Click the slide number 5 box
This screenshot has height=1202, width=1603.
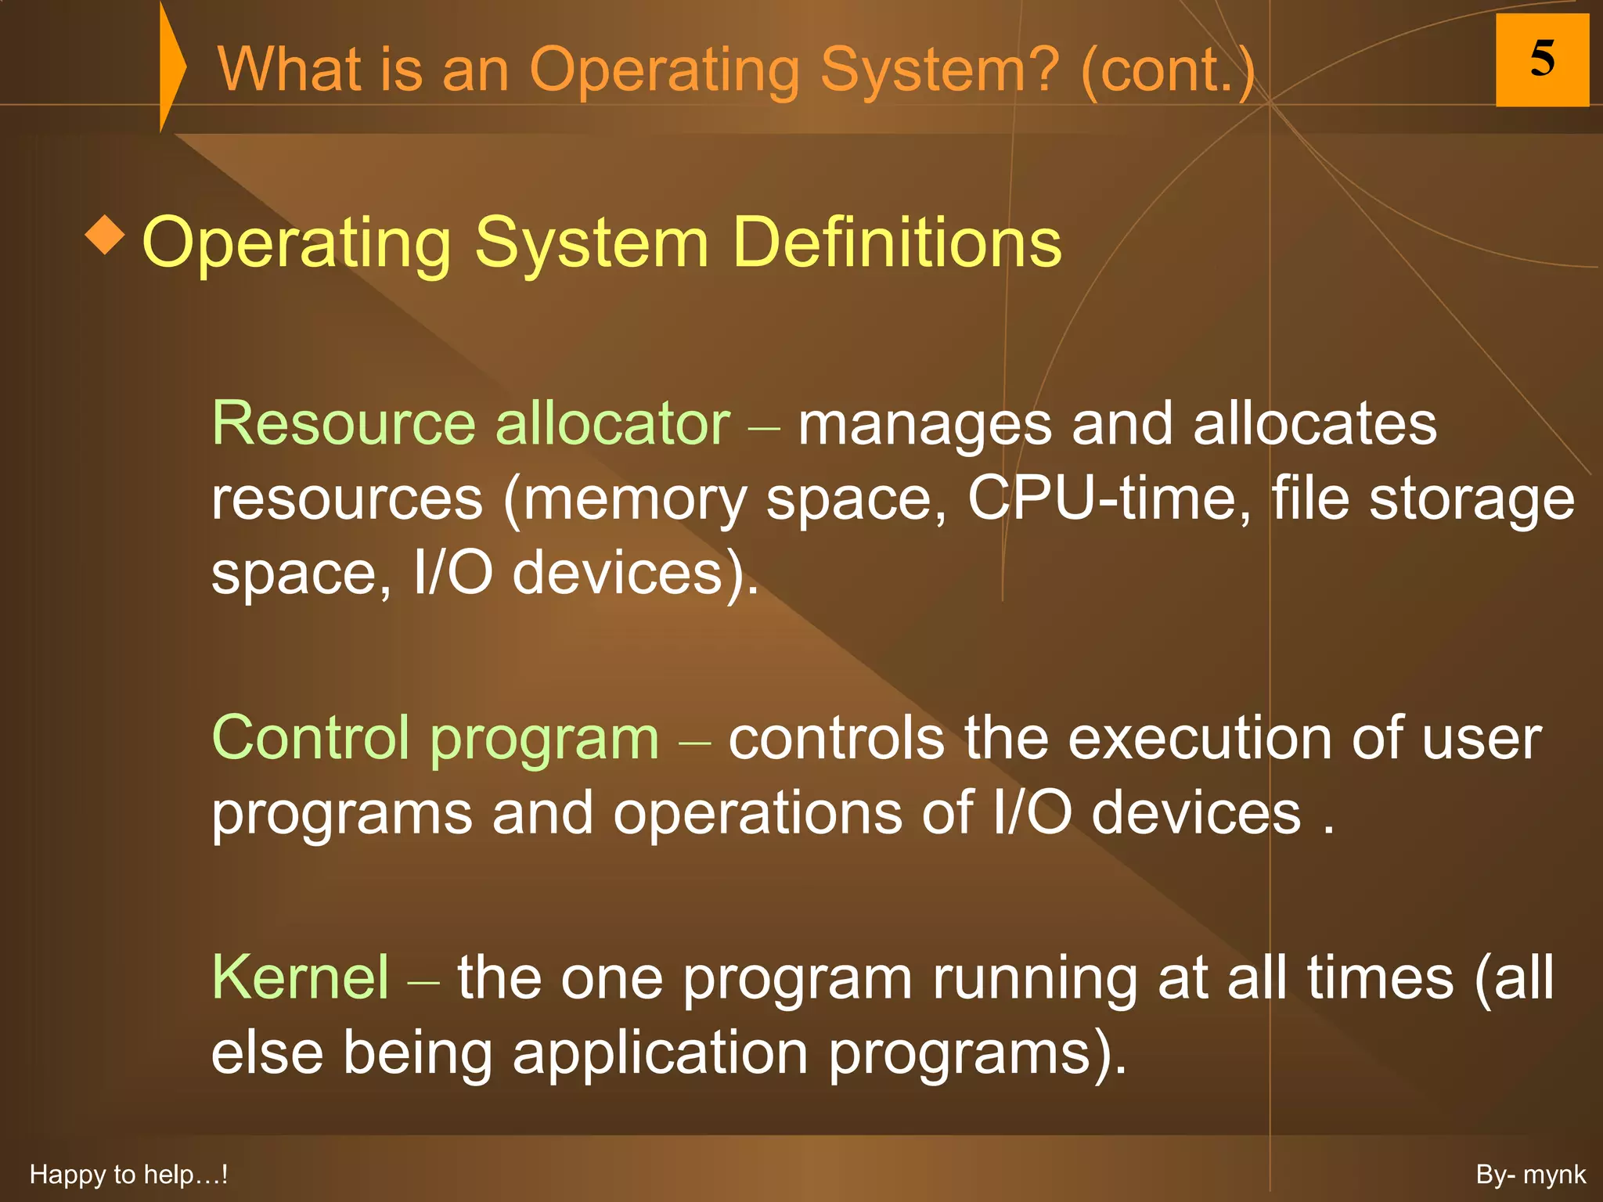coord(1541,60)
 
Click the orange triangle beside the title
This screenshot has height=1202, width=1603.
coord(171,67)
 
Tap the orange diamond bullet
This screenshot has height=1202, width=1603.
coord(105,236)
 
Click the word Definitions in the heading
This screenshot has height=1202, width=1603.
coord(897,243)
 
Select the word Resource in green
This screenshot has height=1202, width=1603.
coord(344,423)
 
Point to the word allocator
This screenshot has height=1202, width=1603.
coord(613,423)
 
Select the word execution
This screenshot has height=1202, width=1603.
coord(1200,738)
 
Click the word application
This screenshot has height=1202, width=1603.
coord(660,1053)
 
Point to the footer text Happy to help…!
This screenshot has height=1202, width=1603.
coord(128,1175)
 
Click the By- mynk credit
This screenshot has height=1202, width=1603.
coord(1530,1175)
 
